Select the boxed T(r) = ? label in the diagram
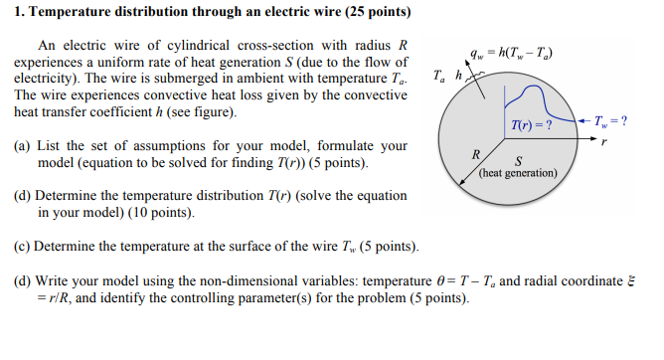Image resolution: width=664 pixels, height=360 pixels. click(531, 125)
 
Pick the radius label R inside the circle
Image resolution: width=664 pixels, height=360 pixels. click(477, 155)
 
